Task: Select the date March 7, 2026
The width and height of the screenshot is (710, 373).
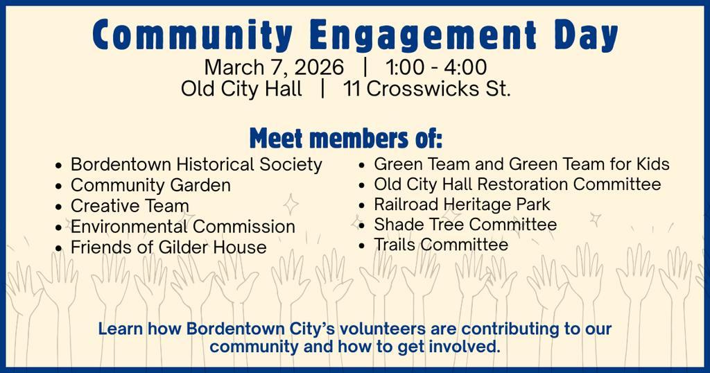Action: pyautogui.click(x=274, y=68)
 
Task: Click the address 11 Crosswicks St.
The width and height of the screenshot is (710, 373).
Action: pyautogui.click(x=426, y=89)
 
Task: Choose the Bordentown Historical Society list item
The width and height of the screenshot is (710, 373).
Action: pyautogui.click(x=196, y=165)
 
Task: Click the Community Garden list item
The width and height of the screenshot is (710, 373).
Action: pyautogui.click(x=150, y=186)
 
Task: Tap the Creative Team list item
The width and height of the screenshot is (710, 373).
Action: pyautogui.click(x=130, y=206)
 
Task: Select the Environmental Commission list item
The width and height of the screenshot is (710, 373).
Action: pyautogui.click(x=183, y=227)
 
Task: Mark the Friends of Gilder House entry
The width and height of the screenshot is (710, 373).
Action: pyautogui.click(x=168, y=248)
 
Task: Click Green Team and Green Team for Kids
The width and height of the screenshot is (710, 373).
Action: pyautogui.click(x=521, y=164)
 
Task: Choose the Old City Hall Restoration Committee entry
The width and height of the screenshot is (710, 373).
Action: pyautogui.click(x=517, y=184)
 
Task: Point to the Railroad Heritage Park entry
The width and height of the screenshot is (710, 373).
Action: pyautogui.click(x=462, y=205)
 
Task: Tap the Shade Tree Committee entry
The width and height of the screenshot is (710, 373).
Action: pyautogui.click(x=465, y=225)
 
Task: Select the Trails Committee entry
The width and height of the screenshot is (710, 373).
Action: pyautogui.click(x=441, y=245)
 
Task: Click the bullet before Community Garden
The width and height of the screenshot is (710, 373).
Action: pyautogui.click(x=60, y=186)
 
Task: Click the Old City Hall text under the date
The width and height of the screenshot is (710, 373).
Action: pyautogui.click(x=241, y=89)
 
